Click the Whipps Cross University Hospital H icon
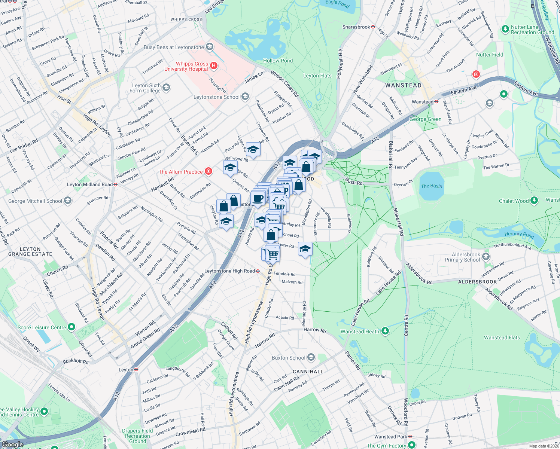(x=214, y=66)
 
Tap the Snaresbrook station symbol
(x=373, y=27)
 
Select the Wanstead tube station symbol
(x=436, y=101)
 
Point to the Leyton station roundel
(x=136, y=370)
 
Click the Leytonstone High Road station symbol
(x=258, y=271)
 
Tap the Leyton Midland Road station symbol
(x=116, y=184)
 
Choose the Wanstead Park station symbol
(x=410, y=436)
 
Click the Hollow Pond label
(x=278, y=61)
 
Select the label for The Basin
(x=431, y=186)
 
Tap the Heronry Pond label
(x=519, y=235)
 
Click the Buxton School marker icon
(x=311, y=358)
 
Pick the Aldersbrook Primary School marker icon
(x=486, y=257)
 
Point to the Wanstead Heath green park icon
(x=385, y=331)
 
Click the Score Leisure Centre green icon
(x=71, y=327)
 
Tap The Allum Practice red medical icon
(x=209, y=171)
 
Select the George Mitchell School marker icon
(x=68, y=201)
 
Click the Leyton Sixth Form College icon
(x=166, y=88)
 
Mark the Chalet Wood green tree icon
(x=534, y=201)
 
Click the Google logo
(x=12, y=444)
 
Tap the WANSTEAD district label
(x=403, y=85)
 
